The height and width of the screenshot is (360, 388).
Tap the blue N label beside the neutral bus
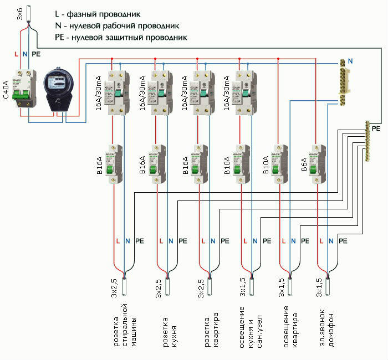click(x=350, y=59)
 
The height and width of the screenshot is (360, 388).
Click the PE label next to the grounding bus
click(x=376, y=128)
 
